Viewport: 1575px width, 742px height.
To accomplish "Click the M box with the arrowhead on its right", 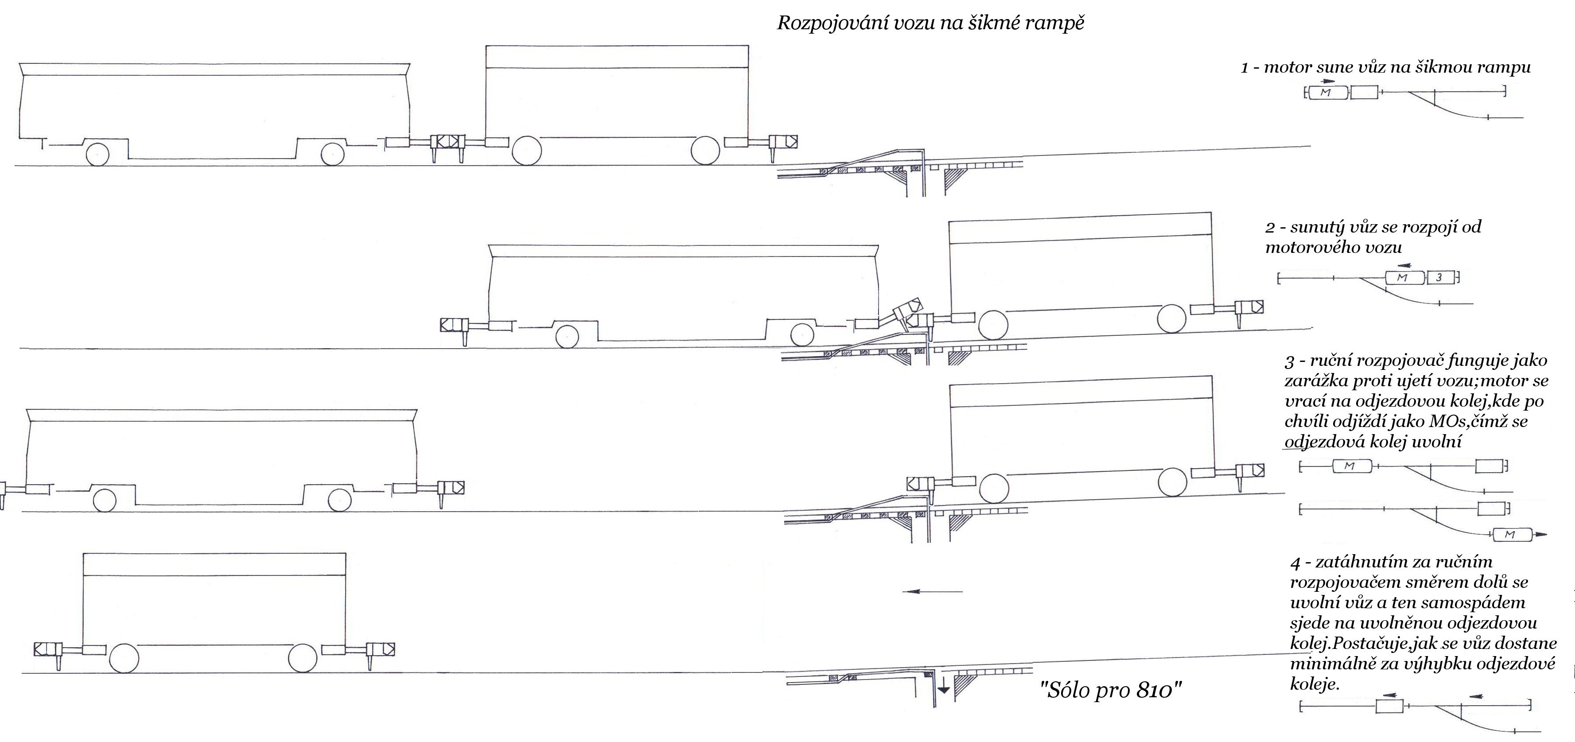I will (x=1510, y=535).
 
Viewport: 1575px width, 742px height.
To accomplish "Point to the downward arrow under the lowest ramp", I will (x=944, y=688).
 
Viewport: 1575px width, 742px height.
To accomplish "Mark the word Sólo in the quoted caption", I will (x=1063, y=690).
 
